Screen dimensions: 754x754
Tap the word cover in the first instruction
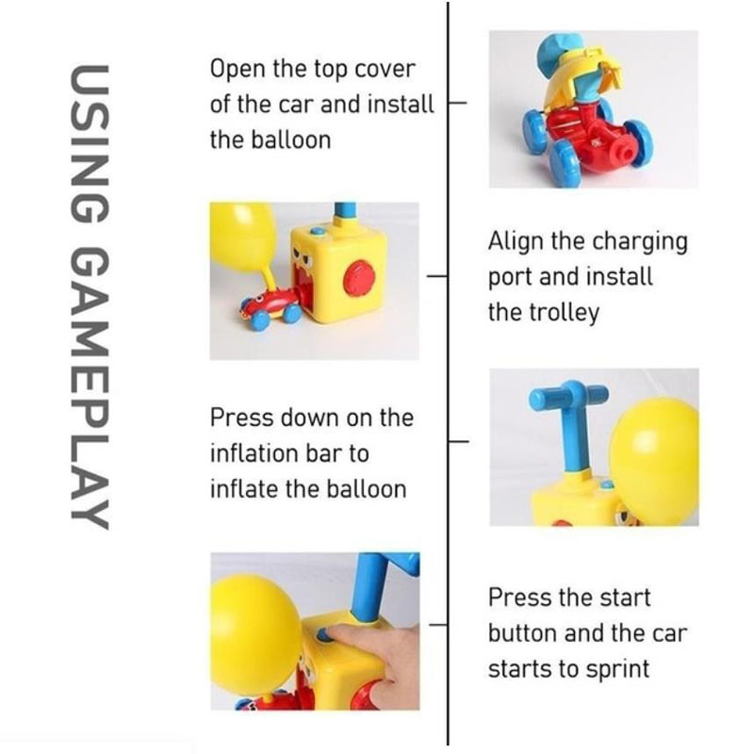tap(385, 69)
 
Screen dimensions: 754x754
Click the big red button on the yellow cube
tap(359, 277)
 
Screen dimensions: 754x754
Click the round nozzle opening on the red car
tap(626, 154)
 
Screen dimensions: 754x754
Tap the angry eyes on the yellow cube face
tap(304, 255)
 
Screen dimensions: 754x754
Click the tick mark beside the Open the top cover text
tap(457, 103)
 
